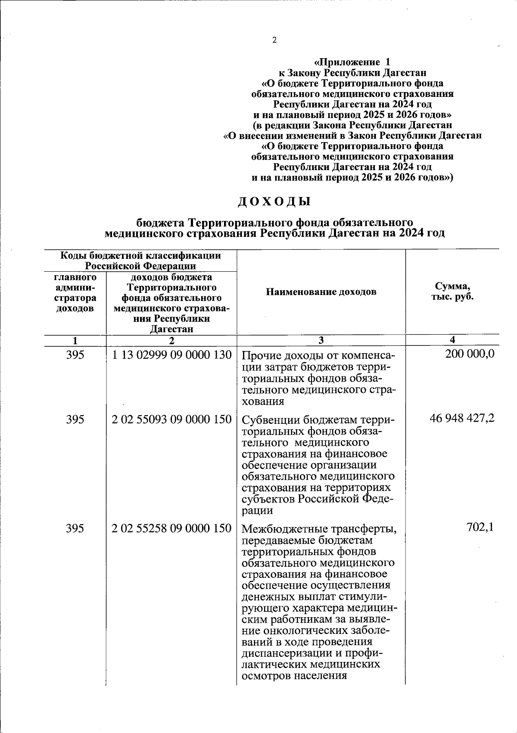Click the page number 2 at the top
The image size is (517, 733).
point(274,41)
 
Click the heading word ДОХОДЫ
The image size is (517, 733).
point(274,202)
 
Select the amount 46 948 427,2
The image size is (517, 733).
point(462,418)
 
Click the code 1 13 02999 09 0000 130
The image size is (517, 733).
point(171,355)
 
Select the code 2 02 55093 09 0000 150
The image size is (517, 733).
point(171,419)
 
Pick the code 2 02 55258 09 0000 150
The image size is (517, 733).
point(171,528)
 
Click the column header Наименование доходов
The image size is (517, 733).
point(321,292)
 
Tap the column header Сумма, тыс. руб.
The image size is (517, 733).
point(452,292)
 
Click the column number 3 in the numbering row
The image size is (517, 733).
point(321,340)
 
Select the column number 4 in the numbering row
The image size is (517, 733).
point(452,340)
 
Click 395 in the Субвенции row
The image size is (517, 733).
point(75,419)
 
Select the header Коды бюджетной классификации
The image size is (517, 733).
point(140,256)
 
